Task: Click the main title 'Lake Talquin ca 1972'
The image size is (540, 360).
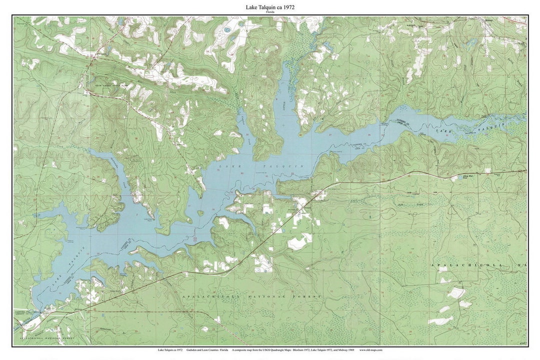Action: click(269, 7)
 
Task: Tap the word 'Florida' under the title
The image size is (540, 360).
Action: click(269, 12)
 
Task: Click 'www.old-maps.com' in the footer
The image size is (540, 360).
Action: click(371, 350)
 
